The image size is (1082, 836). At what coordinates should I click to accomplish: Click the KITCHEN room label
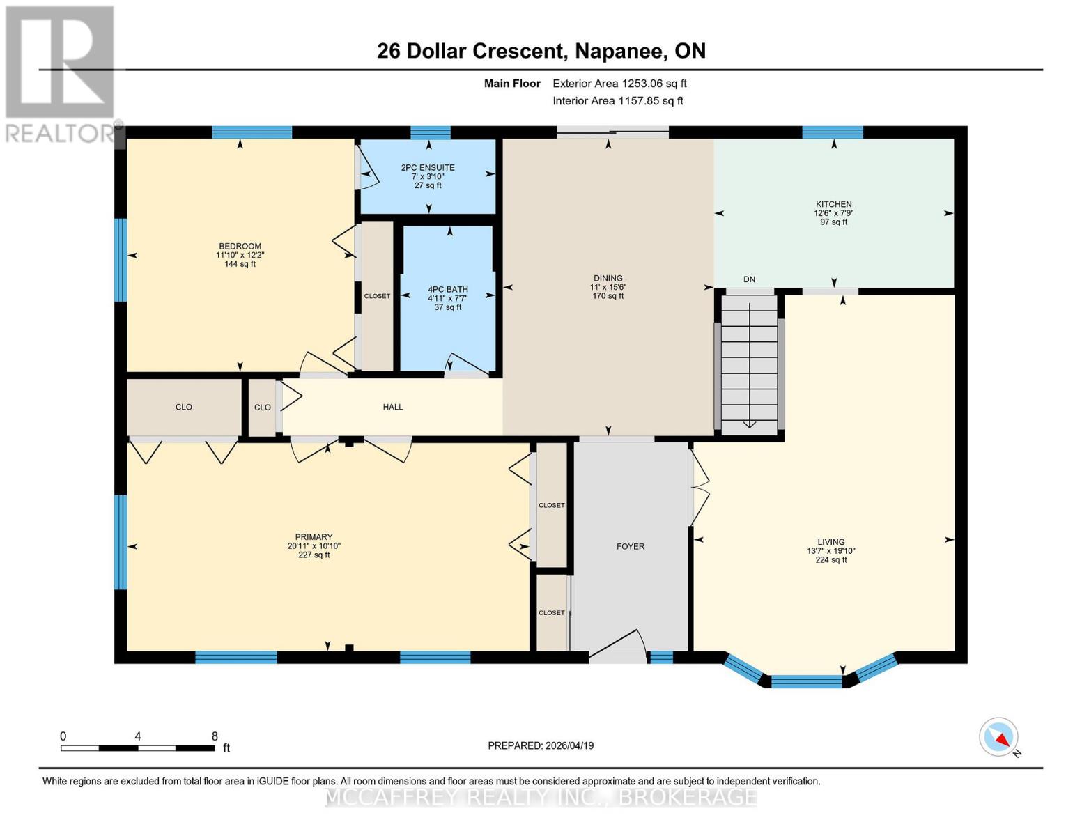pos(833,205)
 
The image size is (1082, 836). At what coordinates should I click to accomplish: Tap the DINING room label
pos(608,278)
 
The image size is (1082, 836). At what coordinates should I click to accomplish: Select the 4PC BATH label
pos(447,290)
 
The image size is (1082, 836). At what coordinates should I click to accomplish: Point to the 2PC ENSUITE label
pos(428,168)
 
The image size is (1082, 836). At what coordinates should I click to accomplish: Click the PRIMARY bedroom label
pos(314,537)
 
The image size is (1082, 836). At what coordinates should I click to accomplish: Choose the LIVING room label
pos(830,542)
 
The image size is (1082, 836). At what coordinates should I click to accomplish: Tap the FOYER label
pos(630,547)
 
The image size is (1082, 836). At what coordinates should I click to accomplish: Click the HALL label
pos(392,408)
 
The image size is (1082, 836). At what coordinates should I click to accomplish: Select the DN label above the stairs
pos(749,279)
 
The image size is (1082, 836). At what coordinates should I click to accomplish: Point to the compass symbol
pos(998,737)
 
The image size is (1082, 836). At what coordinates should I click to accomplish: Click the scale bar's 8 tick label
pos(215,736)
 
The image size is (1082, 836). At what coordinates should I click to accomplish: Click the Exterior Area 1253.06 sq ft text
pos(619,84)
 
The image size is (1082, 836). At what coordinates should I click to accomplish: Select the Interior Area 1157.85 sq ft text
pos(617,101)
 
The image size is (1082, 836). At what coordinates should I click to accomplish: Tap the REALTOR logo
pos(60,73)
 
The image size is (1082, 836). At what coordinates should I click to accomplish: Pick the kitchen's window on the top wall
pos(832,132)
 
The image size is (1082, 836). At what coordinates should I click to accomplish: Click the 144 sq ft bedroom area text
pos(240,265)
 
